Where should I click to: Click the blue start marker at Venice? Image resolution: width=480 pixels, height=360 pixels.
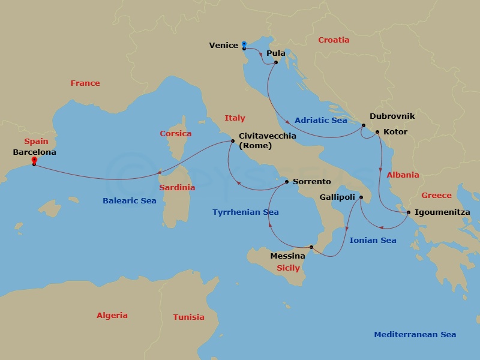(244, 44)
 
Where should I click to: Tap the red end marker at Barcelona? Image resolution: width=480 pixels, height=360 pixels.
(34, 161)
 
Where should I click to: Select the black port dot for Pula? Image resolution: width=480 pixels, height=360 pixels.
(275, 62)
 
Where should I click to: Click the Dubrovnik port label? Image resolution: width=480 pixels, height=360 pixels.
(392, 116)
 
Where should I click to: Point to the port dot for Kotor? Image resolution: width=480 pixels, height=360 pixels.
(377, 132)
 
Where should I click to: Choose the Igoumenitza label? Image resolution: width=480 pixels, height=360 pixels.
(442, 212)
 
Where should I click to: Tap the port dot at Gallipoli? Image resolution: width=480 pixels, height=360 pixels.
(361, 197)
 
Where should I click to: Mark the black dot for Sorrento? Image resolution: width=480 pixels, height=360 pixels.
(287, 181)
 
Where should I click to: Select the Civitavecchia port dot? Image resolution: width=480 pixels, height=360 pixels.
(232, 142)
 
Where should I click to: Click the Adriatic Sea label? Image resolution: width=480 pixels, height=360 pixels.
(321, 120)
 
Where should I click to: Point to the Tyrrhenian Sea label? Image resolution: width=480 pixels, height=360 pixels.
(245, 212)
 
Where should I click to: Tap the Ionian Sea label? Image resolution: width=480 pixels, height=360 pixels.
(373, 240)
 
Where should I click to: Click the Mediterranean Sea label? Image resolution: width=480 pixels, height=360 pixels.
(415, 335)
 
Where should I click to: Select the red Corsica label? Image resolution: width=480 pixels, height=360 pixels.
(175, 133)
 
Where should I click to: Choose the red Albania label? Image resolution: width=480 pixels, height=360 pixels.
(403, 175)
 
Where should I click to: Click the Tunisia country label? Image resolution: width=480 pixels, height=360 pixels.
(188, 317)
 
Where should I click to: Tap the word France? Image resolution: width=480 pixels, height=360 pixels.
(85, 83)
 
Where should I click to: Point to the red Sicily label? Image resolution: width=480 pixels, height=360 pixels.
(288, 268)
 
